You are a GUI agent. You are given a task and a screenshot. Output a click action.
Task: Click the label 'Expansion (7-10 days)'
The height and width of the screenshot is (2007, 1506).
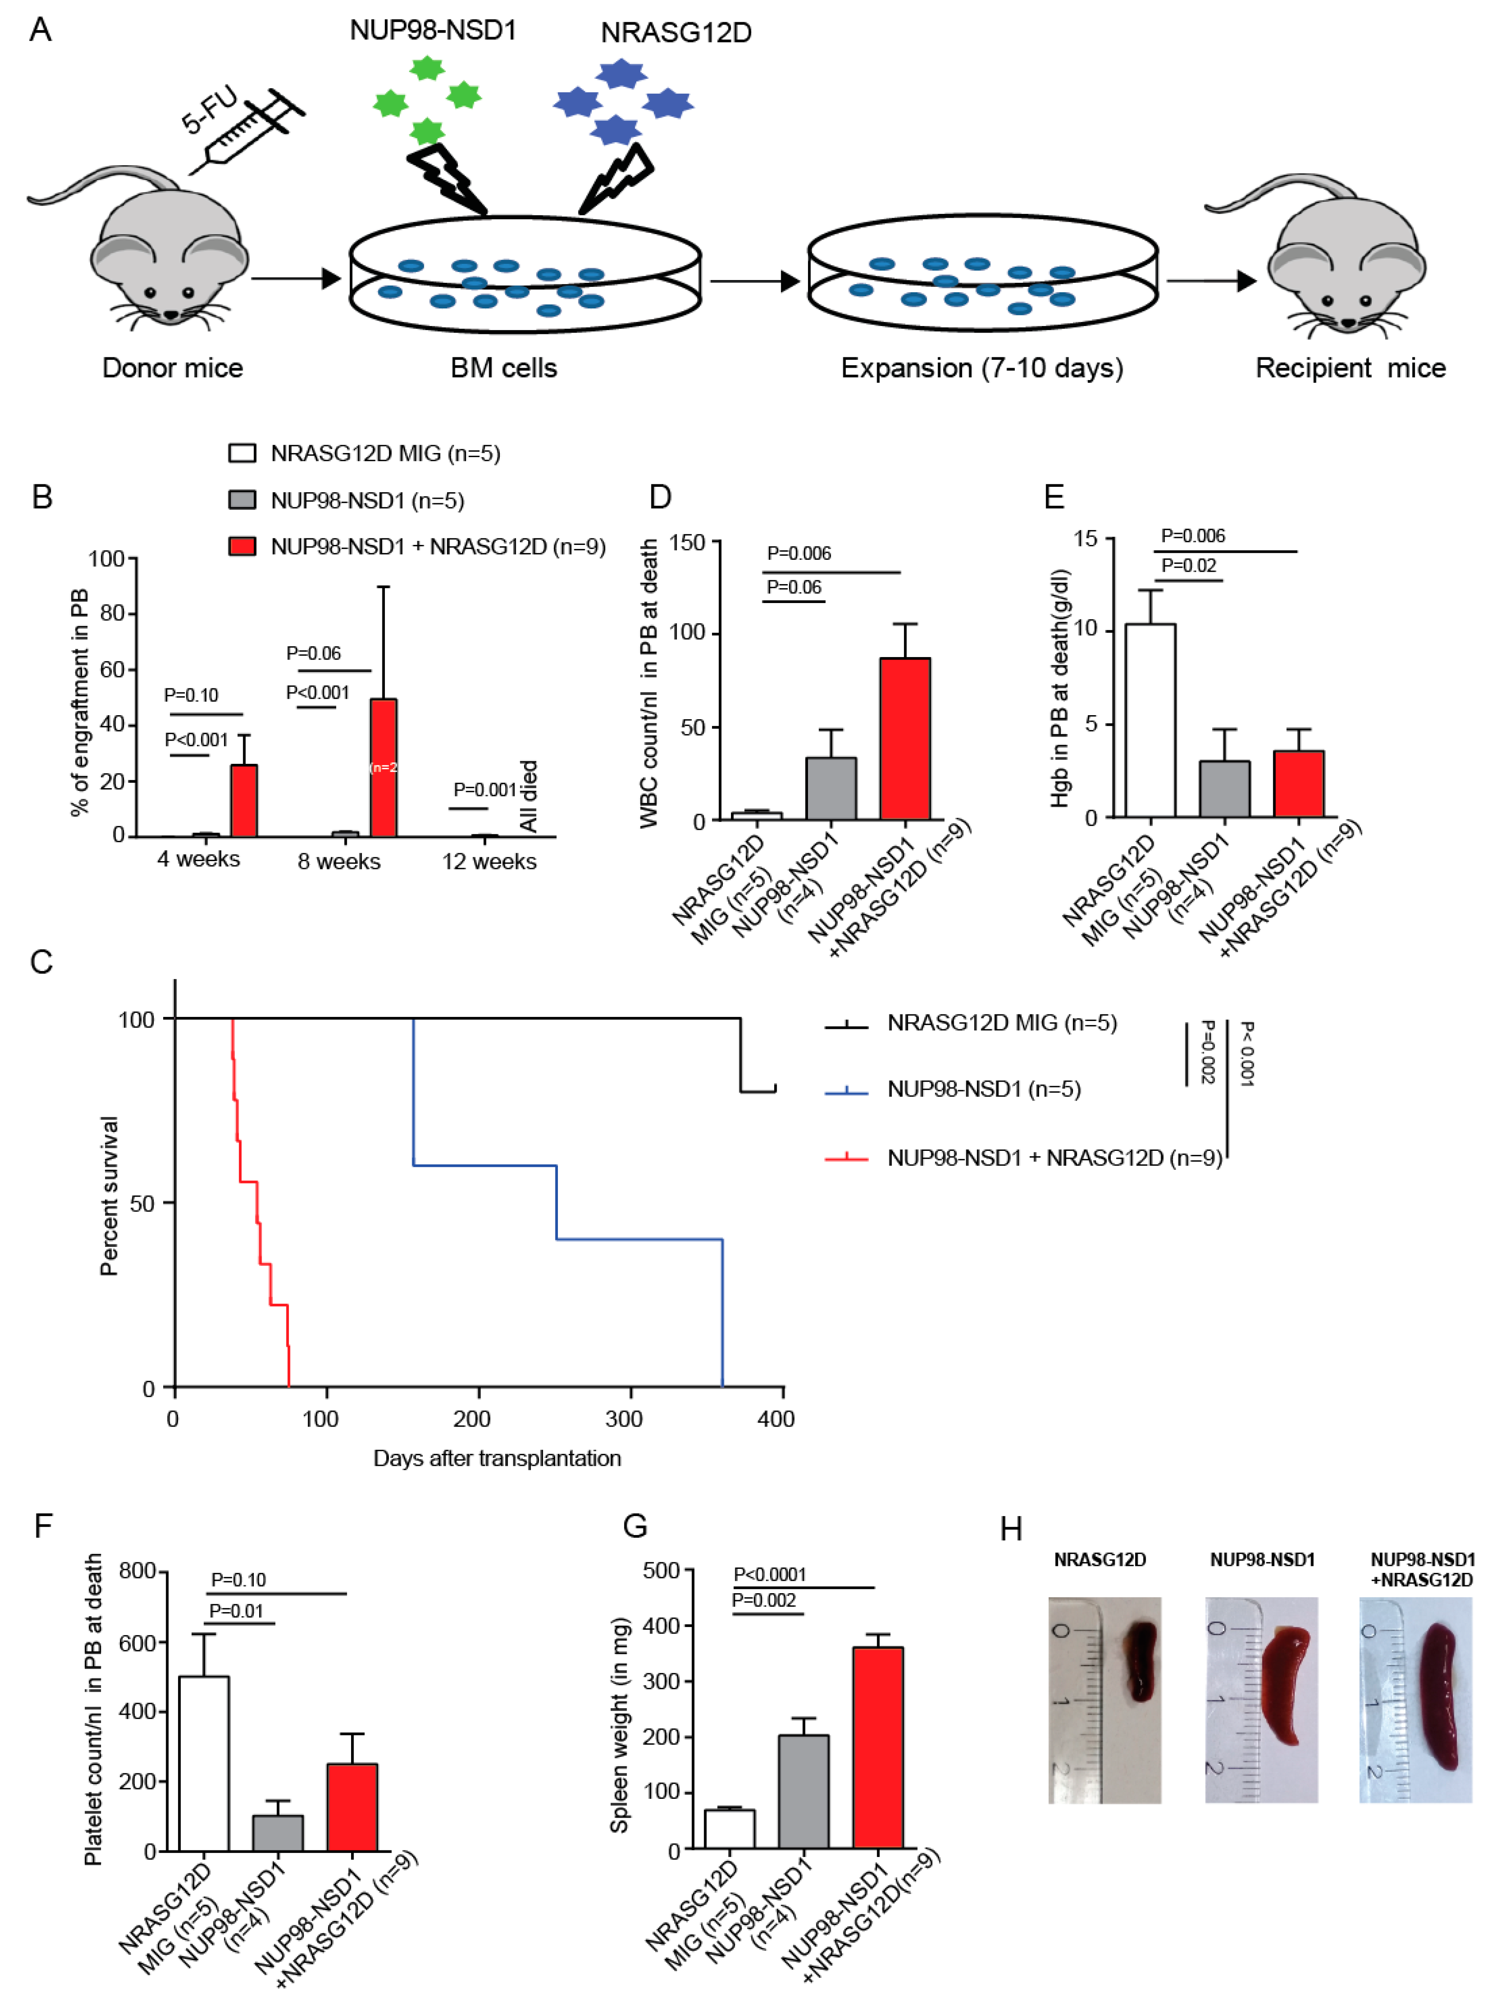point(981,369)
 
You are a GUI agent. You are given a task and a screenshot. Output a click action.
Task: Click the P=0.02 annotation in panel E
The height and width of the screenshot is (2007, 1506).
point(1188,565)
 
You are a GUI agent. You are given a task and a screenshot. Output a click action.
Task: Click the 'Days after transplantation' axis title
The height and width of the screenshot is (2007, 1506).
point(497,1458)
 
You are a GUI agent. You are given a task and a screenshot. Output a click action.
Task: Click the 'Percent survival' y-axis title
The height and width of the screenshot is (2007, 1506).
point(109,1196)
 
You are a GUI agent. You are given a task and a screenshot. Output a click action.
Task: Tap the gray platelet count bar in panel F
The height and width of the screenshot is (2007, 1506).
point(278,1833)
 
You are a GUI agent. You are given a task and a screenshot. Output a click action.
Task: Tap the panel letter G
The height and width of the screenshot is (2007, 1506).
point(635,1526)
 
